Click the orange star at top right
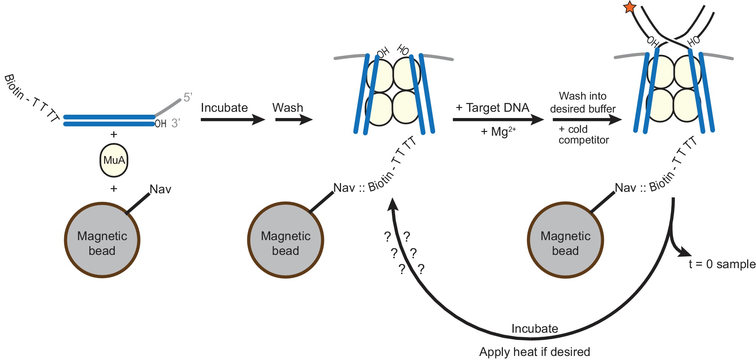pos(629,7)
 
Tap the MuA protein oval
pos(114,160)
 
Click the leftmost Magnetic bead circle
pos(102,240)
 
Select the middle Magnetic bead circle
pos(286,240)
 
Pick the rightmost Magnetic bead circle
pos(565,240)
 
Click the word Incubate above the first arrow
pos(224,108)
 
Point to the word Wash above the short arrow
pos(287,108)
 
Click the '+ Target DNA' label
pos(493,108)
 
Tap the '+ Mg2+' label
pos(498,131)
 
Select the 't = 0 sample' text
pos(722,264)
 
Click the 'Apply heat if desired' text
pos(534,352)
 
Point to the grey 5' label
pos(188,97)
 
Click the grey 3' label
pos(176,123)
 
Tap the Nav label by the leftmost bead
pos(160,189)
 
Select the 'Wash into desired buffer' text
pos(583,103)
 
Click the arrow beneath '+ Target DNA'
pos(498,120)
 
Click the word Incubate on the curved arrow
pos(535,328)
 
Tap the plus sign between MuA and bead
pos(114,189)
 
